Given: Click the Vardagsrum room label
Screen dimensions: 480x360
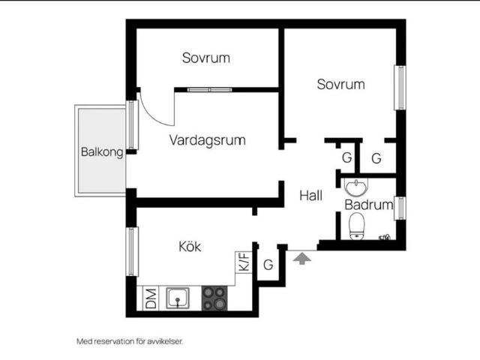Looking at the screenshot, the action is (x=208, y=140).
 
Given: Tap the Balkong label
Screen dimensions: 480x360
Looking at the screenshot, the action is (x=102, y=151).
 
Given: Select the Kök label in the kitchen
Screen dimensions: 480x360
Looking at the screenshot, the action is (x=190, y=247).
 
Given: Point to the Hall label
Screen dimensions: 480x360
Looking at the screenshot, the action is (x=310, y=196).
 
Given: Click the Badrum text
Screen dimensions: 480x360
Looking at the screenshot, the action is (x=369, y=205).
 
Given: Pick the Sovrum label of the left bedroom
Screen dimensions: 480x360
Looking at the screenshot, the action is (x=206, y=58).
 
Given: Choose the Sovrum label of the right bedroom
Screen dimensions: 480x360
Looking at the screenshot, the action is (x=340, y=85).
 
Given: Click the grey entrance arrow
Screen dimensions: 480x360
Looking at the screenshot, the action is (x=302, y=258).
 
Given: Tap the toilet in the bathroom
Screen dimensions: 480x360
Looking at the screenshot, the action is (x=357, y=226).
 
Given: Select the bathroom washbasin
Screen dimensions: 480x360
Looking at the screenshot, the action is (x=356, y=187).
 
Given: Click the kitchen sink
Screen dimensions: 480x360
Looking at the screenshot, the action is (x=178, y=298).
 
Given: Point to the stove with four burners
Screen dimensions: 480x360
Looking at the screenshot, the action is (x=214, y=298).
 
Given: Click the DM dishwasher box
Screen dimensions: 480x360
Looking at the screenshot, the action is (x=151, y=298).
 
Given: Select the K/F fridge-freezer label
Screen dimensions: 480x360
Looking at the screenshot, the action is (x=244, y=262).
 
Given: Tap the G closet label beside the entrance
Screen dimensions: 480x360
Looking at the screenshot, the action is (x=268, y=265).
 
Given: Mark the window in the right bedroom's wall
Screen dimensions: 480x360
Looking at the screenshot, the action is (x=400, y=88).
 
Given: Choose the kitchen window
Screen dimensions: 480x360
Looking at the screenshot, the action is (x=132, y=252).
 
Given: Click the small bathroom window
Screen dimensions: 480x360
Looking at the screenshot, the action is (x=400, y=208).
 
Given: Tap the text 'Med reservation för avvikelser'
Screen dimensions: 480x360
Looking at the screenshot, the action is (x=130, y=341).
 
